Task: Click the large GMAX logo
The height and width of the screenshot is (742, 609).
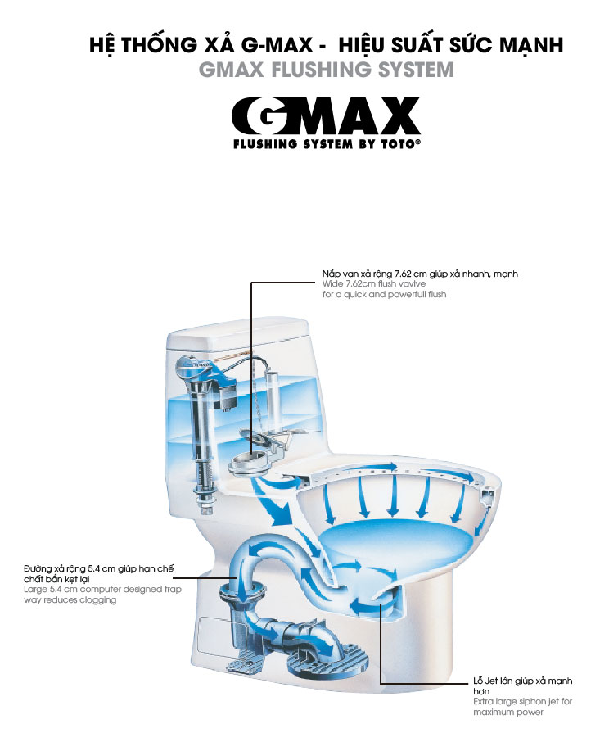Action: (325, 116)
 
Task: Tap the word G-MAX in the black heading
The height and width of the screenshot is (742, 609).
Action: (277, 45)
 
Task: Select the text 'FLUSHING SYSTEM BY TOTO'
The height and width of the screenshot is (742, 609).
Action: (327, 144)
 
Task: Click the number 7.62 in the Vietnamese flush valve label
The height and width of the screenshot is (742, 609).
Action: (403, 274)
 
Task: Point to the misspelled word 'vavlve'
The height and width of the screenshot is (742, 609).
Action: (413, 284)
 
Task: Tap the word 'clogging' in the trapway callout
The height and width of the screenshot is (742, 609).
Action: (99, 600)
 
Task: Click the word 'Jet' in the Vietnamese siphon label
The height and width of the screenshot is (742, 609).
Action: (492, 681)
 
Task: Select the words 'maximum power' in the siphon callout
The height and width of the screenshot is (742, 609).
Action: (508, 713)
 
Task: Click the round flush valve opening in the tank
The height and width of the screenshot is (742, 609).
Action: (249, 461)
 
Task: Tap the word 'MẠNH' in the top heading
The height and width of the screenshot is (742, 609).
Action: (531, 45)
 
